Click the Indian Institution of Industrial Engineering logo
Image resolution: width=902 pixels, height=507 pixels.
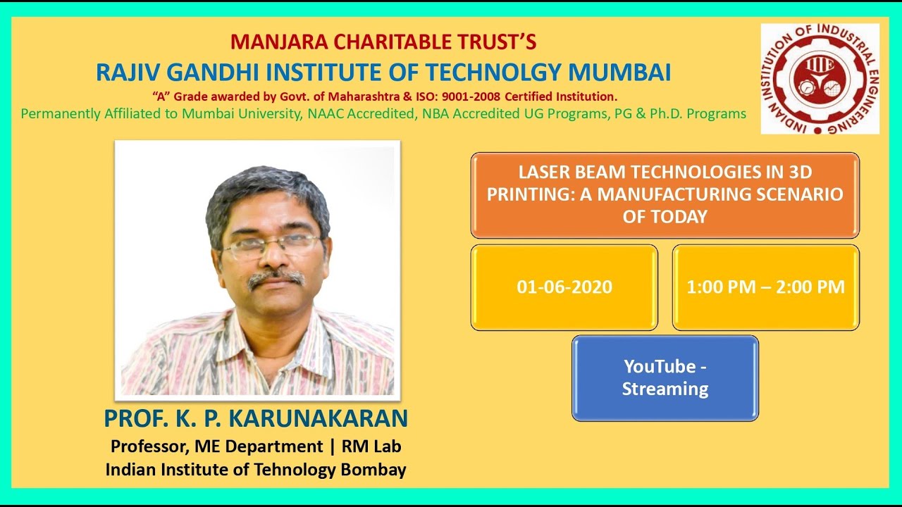pyautogui.click(x=820, y=78)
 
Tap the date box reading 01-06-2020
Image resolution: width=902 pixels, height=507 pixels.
pyautogui.click(x=564, y=287)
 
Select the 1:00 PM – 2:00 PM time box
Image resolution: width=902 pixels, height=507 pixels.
pyautogui.click(x=765, y=287)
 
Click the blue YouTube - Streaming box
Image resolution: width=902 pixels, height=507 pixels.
pyautogui.click(x=665, y=378)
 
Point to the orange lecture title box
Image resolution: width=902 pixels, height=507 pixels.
pyautogui.click(x=665, y=195)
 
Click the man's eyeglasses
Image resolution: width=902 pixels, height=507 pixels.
pyautogui.click(x=271, y=246)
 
